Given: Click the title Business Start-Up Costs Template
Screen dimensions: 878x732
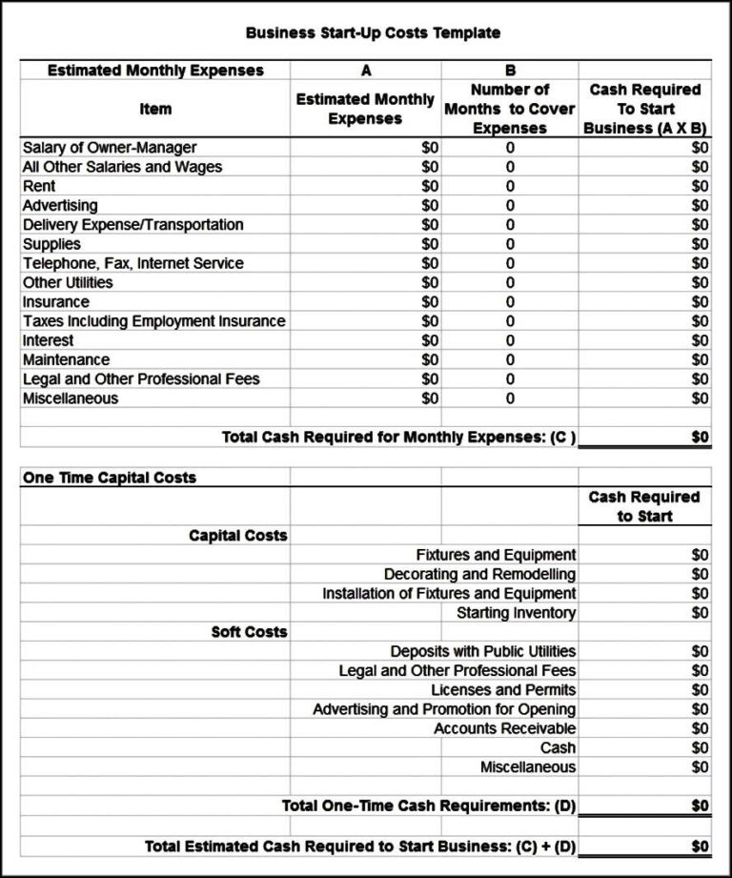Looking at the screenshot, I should tap(373, 32).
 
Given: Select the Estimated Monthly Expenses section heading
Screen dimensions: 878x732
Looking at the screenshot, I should tap(155, 71).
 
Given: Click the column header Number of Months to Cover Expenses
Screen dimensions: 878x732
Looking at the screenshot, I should tap(509, 109).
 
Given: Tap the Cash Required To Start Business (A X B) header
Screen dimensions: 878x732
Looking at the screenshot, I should tap(645, 109).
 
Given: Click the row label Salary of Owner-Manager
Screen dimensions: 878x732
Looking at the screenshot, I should tap(110, 148).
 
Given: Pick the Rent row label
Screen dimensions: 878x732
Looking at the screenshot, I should tap(39, 186).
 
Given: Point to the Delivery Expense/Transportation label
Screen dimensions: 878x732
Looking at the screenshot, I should tap(132, 225).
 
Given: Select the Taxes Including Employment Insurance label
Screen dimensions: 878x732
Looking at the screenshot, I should tap(153, 321).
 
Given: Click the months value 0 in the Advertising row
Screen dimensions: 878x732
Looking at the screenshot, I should tap(510, 206).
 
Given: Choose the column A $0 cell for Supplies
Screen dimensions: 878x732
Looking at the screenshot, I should tap(430, 244).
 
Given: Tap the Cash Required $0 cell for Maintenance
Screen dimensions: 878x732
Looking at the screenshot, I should tap(701, 360).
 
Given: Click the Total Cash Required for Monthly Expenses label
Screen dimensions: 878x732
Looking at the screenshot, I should tap(399, 437).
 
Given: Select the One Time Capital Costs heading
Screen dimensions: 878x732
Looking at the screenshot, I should tap(109, 478).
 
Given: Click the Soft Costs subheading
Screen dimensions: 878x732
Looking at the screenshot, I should tap(249, 632).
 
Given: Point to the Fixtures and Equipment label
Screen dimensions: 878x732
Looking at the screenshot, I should tap(496, 555).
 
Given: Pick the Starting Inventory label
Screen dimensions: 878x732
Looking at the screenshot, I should tap(516, 613).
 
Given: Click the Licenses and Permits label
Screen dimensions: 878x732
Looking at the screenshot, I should tap(503, 690).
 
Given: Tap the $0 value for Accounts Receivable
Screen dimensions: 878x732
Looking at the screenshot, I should tap(701, 728).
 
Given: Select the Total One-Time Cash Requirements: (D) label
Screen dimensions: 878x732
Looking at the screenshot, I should tap(429, 807).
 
